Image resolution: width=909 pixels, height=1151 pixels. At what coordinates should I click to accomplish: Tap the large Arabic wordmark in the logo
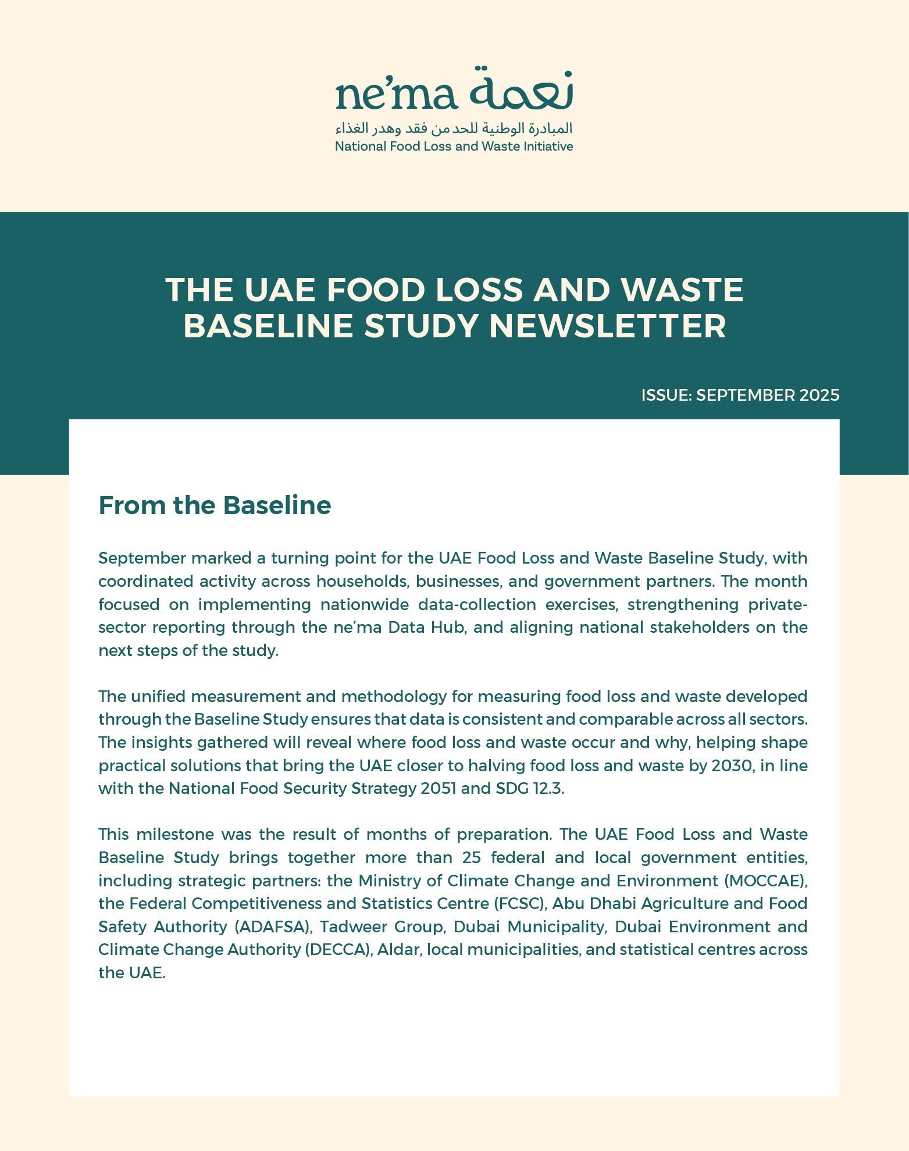521,88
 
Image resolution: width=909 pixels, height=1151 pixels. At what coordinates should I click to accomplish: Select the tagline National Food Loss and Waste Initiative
454,147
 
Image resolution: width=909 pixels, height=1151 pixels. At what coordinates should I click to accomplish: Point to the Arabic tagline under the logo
454,128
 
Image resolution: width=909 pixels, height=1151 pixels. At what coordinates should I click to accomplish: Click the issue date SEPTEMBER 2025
768,395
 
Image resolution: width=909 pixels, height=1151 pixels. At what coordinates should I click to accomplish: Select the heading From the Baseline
215,505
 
